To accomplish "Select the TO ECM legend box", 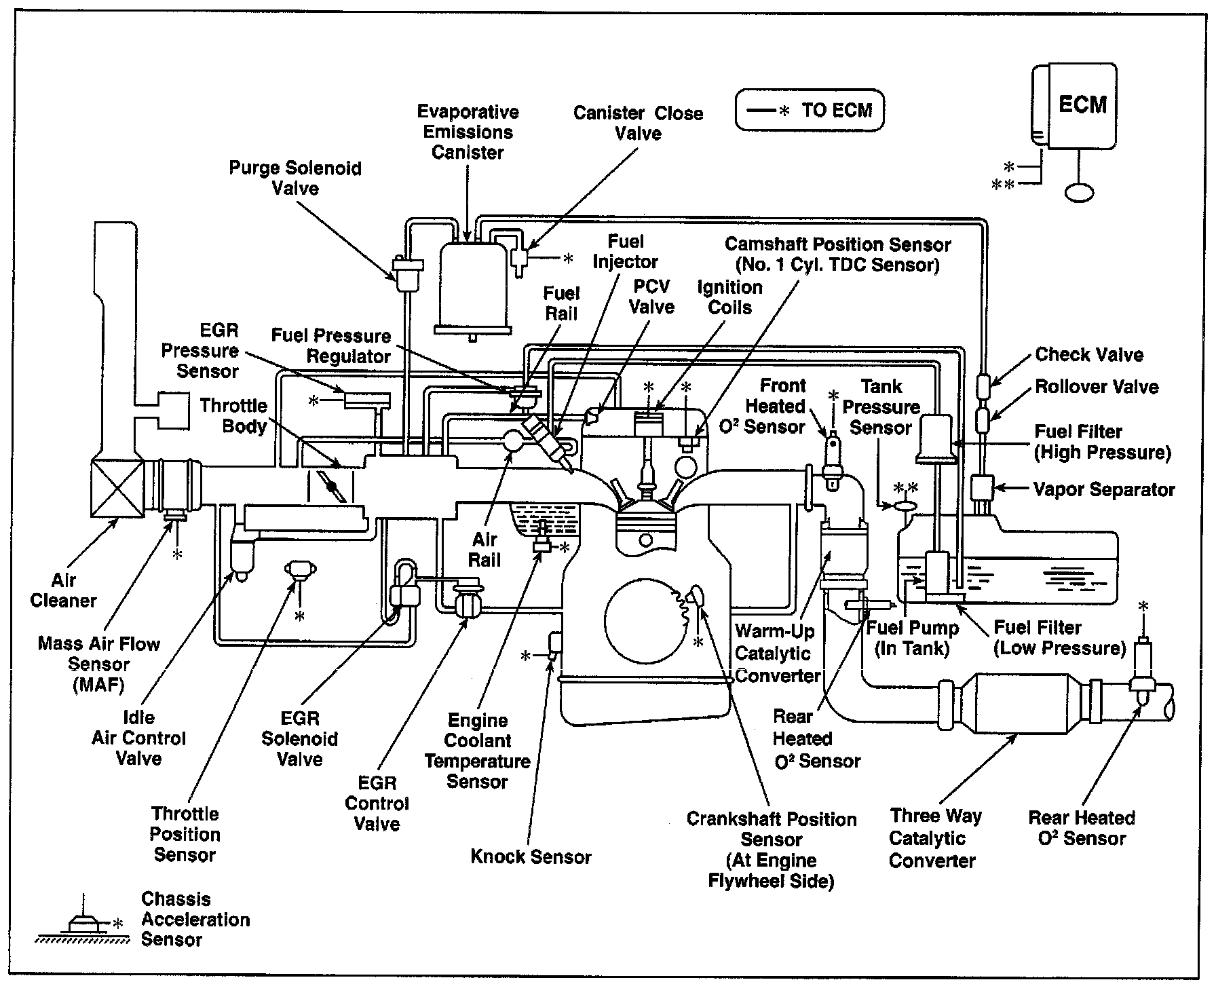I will click(810, 109).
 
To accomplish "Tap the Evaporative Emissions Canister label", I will click(468, 132).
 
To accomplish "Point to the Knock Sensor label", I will click(531, 856).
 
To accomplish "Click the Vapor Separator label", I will click(1103, 489).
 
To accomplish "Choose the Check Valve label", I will click(1088, 354).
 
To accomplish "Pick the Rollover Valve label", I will click(1096, 387).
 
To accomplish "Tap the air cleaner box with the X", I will click(117, 487).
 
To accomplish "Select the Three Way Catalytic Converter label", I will click(934, 837).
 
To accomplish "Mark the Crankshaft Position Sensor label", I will click(772, 850).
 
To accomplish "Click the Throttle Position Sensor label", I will click(185, 834).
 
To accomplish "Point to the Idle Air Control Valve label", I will click(138, 738).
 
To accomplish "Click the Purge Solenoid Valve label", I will click(295, 178).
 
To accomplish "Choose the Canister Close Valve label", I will click(638, 123).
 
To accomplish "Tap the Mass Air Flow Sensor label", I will click(99, 664).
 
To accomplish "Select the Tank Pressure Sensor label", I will click(881, 407).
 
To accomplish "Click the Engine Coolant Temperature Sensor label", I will click(478, 751).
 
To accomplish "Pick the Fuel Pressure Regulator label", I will click(331, 345).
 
